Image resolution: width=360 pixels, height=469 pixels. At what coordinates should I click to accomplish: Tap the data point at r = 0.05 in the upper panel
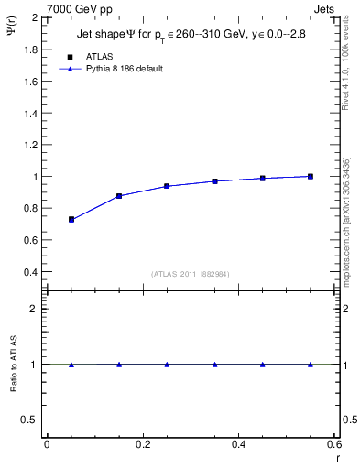pos(71,220)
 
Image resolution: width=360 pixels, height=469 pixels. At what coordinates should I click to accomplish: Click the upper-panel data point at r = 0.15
pos(119,196)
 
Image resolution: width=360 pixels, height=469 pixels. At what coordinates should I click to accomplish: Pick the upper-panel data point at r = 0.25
pos(167,186)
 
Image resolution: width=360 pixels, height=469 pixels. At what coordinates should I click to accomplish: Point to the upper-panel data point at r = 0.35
pos(214,181)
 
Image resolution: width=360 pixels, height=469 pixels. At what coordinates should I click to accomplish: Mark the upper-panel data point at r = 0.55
pos(311,176)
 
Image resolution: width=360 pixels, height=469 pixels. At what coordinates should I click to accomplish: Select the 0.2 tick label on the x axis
pos(142,444)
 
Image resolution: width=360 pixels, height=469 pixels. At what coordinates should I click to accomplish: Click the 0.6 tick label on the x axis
pos(333,444)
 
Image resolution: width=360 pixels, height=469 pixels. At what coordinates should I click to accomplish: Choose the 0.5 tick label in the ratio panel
pos(28,420)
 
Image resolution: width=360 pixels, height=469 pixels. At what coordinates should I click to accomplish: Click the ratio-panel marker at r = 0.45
pos(263,365)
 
